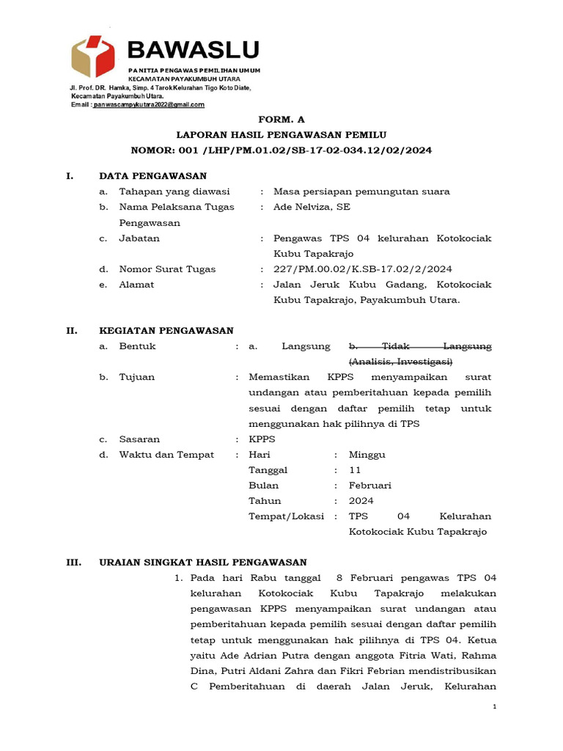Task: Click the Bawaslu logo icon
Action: pos(93,56)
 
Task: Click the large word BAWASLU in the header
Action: pos(194,50)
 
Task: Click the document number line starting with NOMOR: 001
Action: pos(281,150)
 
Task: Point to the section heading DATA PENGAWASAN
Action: pos(152,176)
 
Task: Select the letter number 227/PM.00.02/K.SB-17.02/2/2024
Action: pos(363,269)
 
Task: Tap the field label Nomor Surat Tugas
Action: pos(167,269)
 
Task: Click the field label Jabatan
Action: pos(139,238)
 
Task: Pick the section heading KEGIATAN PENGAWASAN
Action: pos(166,331)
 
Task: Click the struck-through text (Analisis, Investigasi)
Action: pos(400,362)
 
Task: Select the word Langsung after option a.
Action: pos(306,346)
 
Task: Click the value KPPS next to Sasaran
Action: pos(262,439)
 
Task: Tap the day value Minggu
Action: pos(367,455)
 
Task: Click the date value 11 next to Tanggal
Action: pos(355,470)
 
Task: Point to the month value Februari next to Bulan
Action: pos(370,486)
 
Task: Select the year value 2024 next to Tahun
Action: pos(361,501)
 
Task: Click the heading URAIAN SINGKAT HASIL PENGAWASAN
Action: pos(202,563)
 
